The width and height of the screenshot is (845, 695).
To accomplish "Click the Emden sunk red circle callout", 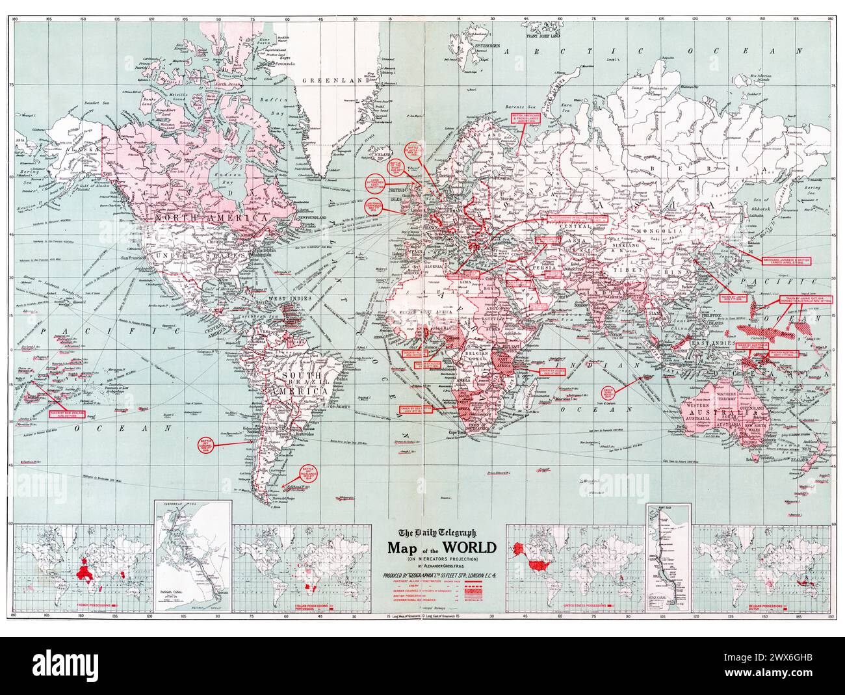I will (609, 393).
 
